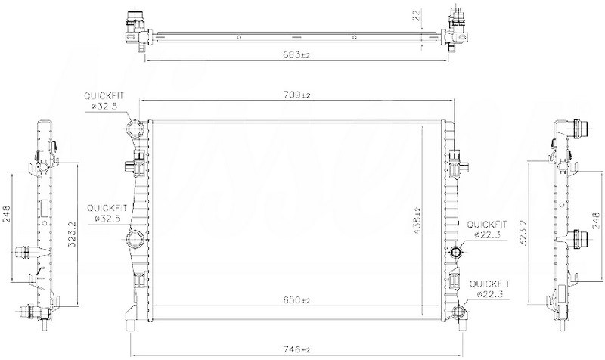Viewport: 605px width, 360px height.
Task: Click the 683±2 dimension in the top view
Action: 296,54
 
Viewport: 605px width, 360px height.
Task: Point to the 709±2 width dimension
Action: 296,95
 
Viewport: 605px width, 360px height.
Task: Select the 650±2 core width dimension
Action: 296,300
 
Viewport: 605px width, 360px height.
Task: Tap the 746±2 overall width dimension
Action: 296,350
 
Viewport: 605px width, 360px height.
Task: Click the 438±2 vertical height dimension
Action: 417,222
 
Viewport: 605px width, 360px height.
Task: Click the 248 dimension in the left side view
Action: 8,213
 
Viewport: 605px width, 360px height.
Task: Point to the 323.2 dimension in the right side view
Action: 523,232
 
